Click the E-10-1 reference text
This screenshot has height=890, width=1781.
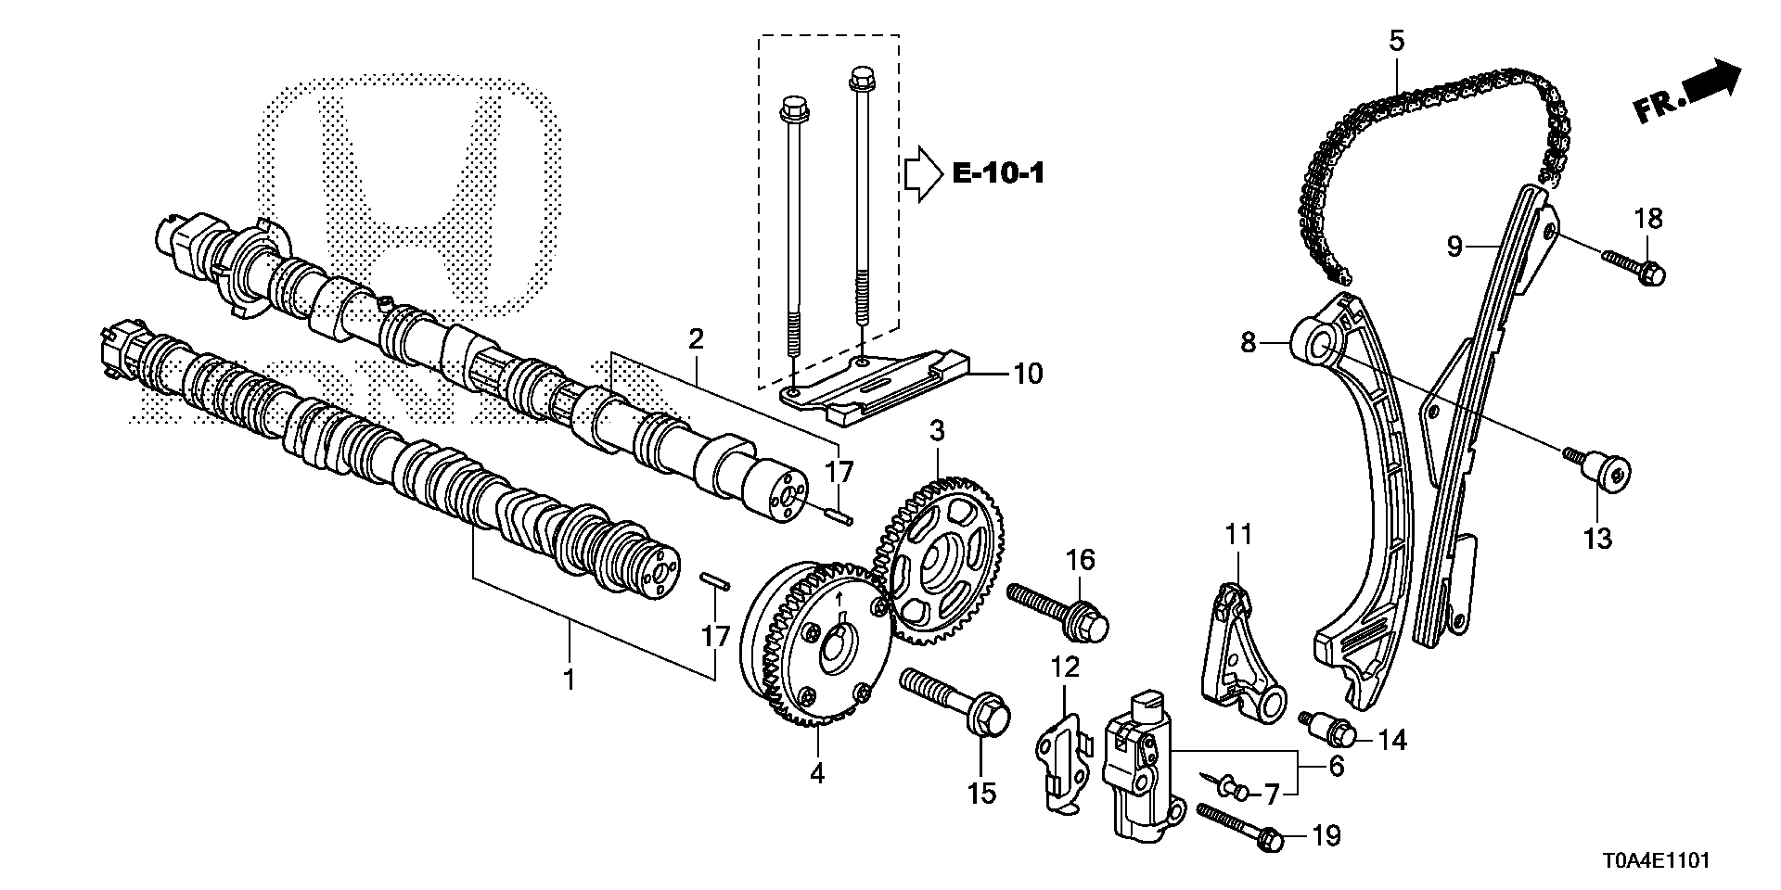click(x=998, y=173)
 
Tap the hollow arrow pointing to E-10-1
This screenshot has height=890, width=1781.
click(x=924, y=173)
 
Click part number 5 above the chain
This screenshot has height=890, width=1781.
click(x=1397, y=40)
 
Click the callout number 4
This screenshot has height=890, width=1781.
click(x=817, y=772)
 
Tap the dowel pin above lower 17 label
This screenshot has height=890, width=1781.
click(x=715, y=581)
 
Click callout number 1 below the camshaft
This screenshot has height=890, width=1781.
click(x=570, y=680)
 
